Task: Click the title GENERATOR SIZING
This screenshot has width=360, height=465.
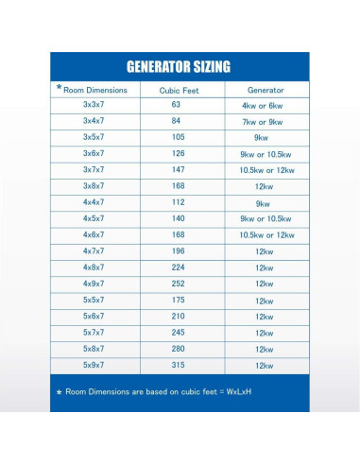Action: [179, 67]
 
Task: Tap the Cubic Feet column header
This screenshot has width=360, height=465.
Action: [177, 90]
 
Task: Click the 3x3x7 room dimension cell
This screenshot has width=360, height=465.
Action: [94, 104]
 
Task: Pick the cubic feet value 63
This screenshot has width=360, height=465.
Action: [177, 104]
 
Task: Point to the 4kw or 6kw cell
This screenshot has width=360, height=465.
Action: [264, 105]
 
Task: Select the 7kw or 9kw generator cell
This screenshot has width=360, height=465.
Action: [264, 121]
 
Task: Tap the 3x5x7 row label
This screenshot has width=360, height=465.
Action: [94, 137]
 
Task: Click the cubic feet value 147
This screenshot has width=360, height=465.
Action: [177, 169]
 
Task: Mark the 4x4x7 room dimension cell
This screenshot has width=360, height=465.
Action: [94, 201]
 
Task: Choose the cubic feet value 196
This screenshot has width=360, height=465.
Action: [177, 250]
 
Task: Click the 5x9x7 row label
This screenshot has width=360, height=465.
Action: [94, 364]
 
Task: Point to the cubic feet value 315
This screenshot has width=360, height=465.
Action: [177, 364]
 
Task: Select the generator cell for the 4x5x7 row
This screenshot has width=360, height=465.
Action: [264, 218]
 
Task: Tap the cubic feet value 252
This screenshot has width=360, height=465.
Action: [177, 283]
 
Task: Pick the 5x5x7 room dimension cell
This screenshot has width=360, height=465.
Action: [94, 300]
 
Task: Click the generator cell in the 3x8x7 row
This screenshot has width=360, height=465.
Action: [264, 186]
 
